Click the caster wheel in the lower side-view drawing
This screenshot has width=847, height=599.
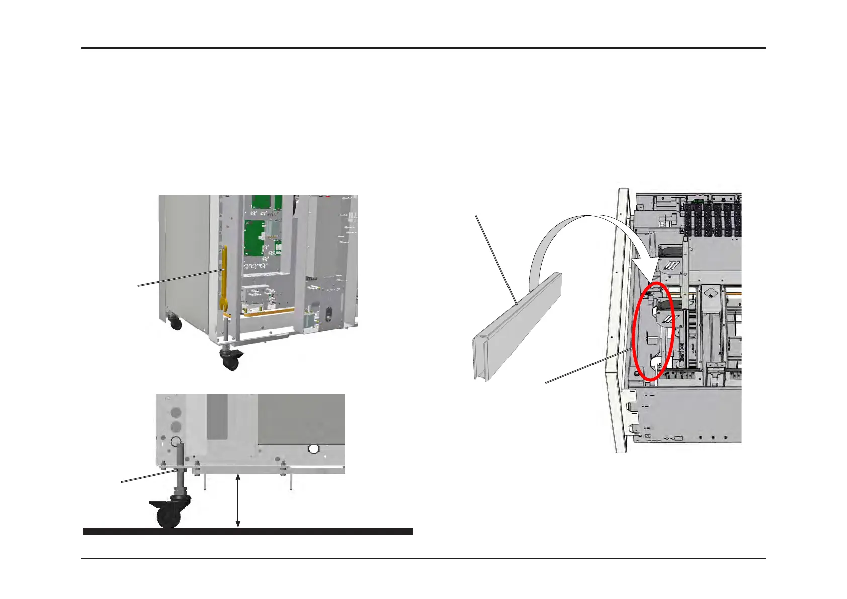tap(169, 517)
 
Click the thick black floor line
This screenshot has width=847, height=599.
tap(247, 531)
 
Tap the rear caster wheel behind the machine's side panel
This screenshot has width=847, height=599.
tap(176, 323)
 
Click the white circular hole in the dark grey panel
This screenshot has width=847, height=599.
tap(314, 449)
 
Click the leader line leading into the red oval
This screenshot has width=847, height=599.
tap(588, 365)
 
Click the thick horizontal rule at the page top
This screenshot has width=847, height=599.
tap(423, 49)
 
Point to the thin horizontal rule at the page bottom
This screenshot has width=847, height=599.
tap(423, 559)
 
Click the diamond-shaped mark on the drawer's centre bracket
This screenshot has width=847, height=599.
tap(710, 292)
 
